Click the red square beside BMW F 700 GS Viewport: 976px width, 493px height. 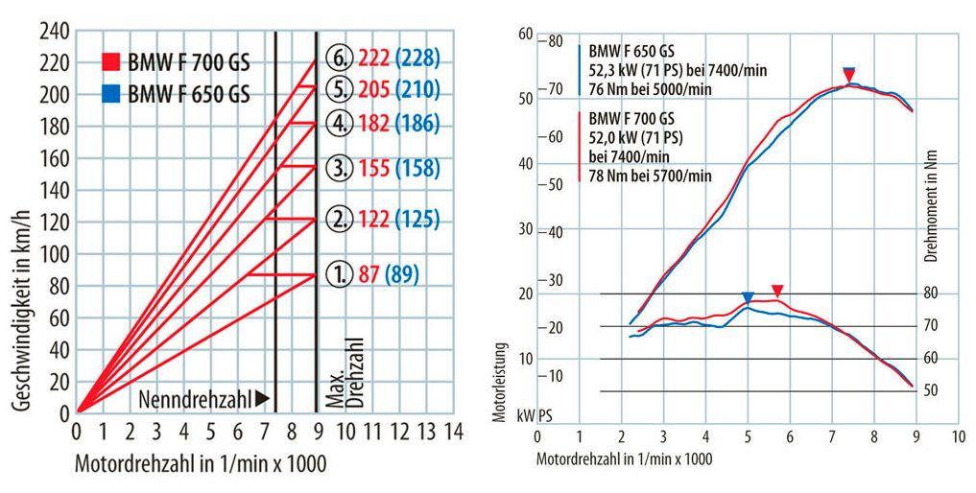pyautogui.click(x=111, y=63)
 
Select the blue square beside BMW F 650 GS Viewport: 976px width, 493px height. pyautogui.click(x=111, y=94)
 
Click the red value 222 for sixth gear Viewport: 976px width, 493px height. pyautogui.click(x=374, y=59)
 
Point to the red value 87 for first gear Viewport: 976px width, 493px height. pyautogui.click(x=367, y=276)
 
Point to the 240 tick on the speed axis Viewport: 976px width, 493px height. pyautogui.click(x=55, y=31)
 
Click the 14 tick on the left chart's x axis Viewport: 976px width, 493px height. pyautogui.click(x=454, y=432)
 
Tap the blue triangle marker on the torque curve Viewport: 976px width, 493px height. pyautogui.click(x=748, y=298)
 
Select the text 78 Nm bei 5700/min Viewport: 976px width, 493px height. pyautogui.click(x=650, y=176)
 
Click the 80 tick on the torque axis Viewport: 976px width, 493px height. pyautogui.click(x=930, y=293)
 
